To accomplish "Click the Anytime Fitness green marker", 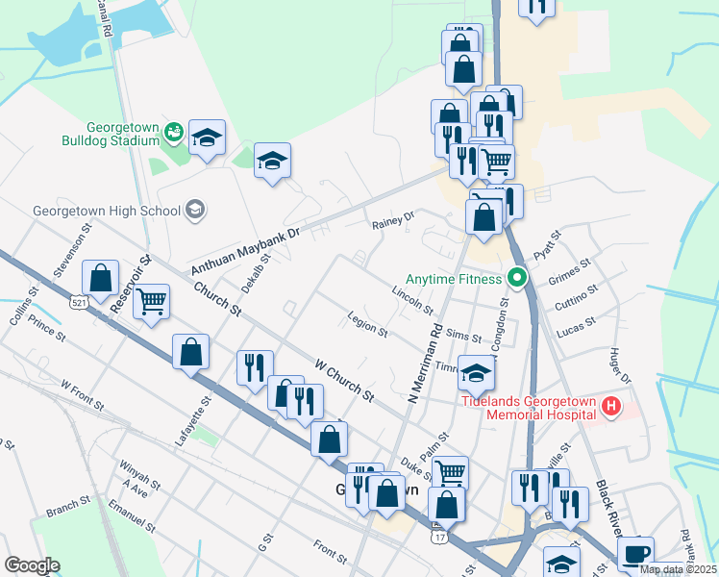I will pyautogui.click(x=517, y=280).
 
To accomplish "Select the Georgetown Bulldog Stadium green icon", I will pyautogui.click(x=174, y=132).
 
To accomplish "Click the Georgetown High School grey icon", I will pyautogui.click(x=195, y=211).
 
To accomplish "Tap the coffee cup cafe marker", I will pyautogui.click(x=635, y=555).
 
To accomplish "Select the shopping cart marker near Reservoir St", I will pyautogui.click(x=152, y=303).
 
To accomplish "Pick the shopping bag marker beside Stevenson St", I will pyautogui.click(x=101, y=280).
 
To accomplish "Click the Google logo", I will pyautogui.click(x=32, y=565).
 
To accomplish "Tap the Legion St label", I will pyautogui.click(x=368, y=328).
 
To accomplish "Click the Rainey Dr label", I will pyautogui.click(x=392, y=221).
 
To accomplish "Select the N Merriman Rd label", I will pyautogui.click(x=424, y=362).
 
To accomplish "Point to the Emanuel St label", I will pyautogui.click(x=132, y=516).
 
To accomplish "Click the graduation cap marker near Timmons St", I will pyautogui.click(x=476, y=372).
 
